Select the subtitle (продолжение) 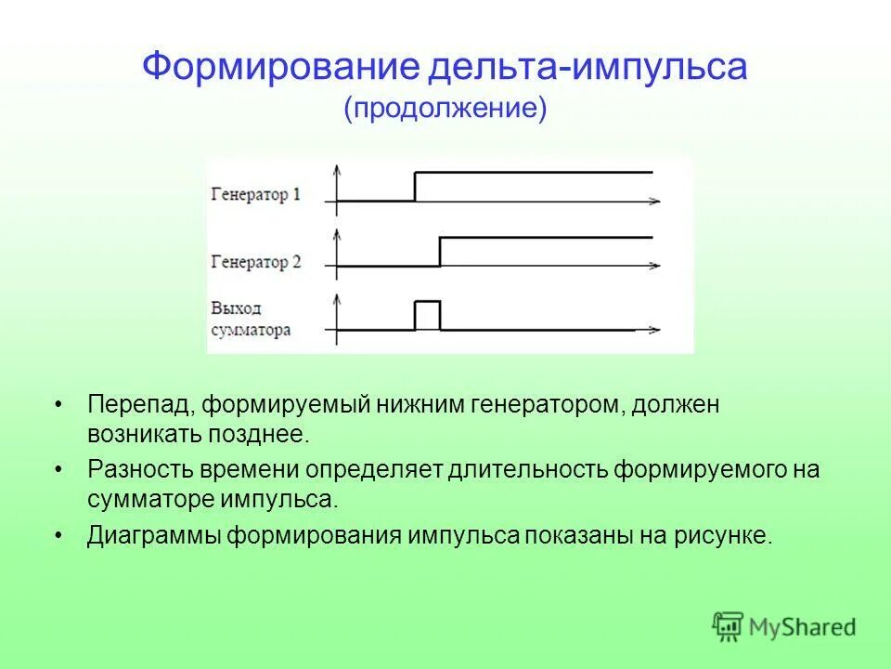445,108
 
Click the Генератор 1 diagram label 255,195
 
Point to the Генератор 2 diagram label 256,262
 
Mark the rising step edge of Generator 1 415,187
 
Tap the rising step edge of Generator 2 440,252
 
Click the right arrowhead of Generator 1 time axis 656,201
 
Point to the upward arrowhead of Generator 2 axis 337,232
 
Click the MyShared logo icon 728,627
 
